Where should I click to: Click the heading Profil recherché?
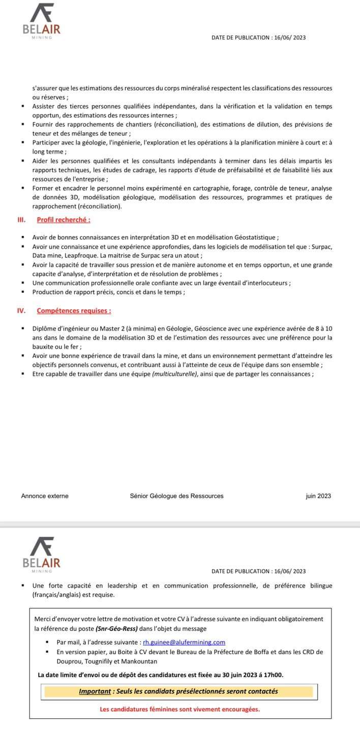[x=64, y=220]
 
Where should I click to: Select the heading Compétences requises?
[x=74, y=311]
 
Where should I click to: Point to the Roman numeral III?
[x=22, y=220]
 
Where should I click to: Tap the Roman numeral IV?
[x=22, y=311]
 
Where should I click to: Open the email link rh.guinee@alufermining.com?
[x=184, y=643]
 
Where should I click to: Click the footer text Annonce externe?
[x=45, y=496]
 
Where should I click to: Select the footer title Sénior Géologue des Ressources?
[x=176, y=496]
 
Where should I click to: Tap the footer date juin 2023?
[x=318, y=496]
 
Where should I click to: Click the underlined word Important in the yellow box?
[x=95, y=691]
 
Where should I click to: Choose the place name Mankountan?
[x=139, y=661]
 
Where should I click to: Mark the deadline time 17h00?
[x=274, y=675]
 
